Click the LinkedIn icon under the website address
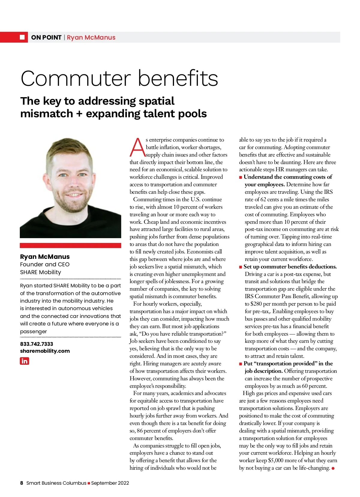pyautogui.click(x=24, y=361)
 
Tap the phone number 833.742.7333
pyautogui.click(x=37, y=344)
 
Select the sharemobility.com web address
pyautogui.click(x=45, y=351)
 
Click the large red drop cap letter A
pyautogui.click(x=137, y=147)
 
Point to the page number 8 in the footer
pyautogui.click(x=22, y=483)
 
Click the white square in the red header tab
pyautogui.click(x=22, y=37)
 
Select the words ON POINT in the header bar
pyautogui.click(x=46, y=37)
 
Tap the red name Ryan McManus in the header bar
pyautogui.click(x=91, y=37)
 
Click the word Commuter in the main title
pyautogui.click(x=76, y=79)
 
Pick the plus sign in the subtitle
pyautogui.click(x=79, y=114)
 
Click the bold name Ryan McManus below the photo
pyautogui.click(x=45, y=257)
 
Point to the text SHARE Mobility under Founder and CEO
pyautogui.click(x=40, y=272)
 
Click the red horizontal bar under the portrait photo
pyautogui.click(x=70, y=245)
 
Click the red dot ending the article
pyautogui.click(x=333, y=468)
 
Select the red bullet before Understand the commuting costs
pyautogui.click(x=241, y=177)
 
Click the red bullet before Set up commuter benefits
pyautogui.click(x=241, y=267)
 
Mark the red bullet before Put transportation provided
pyautogui.click(x=241, y=364)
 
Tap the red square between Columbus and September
pyautogui.click(x=89, y=483)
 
